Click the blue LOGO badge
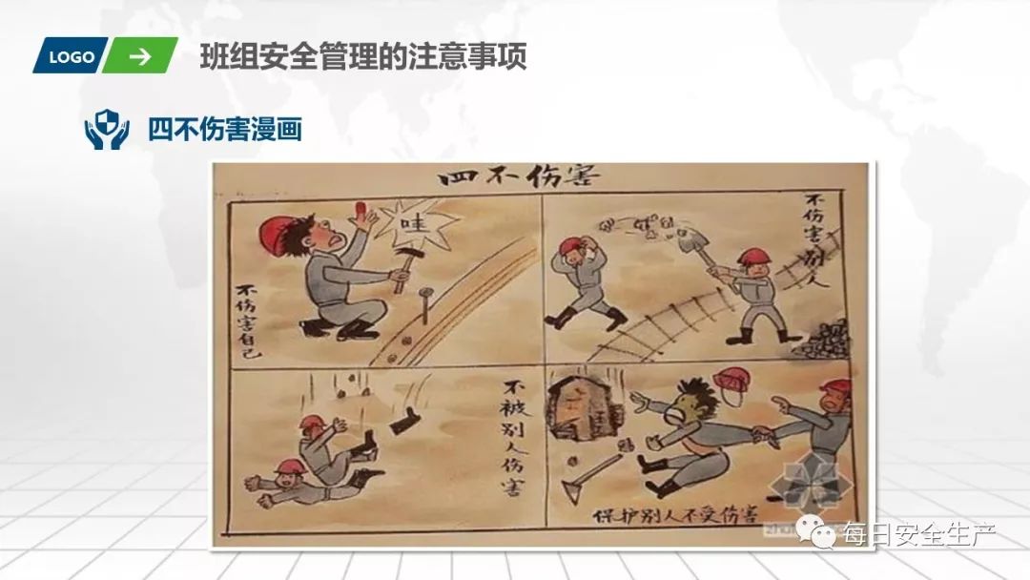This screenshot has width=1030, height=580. (72, 56)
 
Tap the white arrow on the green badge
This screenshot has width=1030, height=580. (140, 56)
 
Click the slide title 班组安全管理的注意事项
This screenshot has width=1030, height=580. (363, 57)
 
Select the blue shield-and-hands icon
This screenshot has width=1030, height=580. (107, 129)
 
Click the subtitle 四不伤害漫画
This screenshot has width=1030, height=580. (225, 129)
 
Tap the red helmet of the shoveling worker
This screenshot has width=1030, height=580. (752, 256)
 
